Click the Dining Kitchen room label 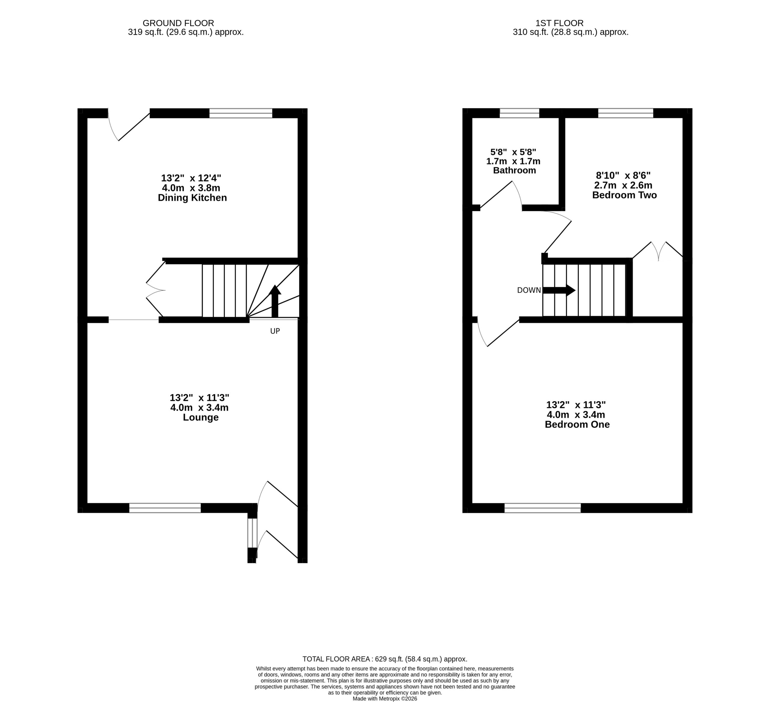coord(192,198)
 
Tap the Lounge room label coord(201,417)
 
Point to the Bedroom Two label coord(624,195)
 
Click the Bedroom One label coord(577,425)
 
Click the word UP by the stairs coord(275,331)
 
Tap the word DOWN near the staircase coord(529,290)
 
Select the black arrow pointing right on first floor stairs coord(559,290)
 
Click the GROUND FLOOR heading coord(178,23)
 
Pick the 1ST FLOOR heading coord(559,23)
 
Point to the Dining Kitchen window coord(241,113)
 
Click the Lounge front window coord(165,508)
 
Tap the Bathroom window coord(519,113)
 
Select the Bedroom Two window coord(626,113)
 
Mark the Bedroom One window coord(542,508)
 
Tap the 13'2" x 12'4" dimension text coord(191,178)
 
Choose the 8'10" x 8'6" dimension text coord(623,176)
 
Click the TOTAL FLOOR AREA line coord(385,659)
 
